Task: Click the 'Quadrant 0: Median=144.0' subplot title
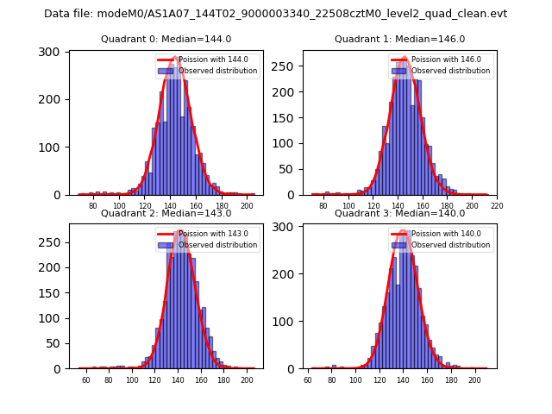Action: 166,39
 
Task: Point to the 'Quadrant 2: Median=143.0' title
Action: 166,213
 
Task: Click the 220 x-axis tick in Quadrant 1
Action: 498,206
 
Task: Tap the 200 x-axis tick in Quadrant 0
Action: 248,206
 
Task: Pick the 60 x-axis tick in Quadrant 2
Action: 85,380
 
